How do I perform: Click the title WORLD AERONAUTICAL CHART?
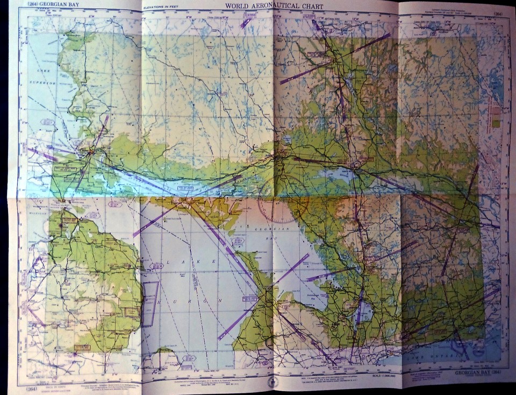pos(274,6)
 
